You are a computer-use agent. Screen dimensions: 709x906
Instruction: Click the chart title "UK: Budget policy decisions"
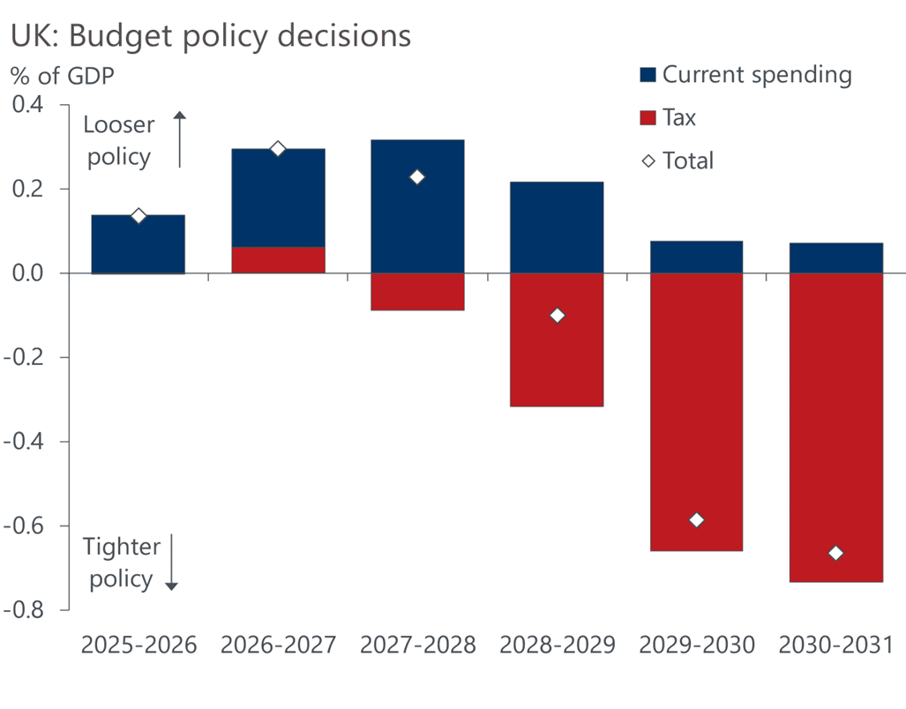[x=211, y=36]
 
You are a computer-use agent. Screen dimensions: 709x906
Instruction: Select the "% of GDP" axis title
[x=63, y=76]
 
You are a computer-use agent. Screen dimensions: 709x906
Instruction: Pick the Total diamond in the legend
[x=648, y=161]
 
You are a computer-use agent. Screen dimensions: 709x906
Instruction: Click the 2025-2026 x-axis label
[x=139, y=646]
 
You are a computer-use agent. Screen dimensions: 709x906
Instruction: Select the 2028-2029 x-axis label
[x=557, y=646]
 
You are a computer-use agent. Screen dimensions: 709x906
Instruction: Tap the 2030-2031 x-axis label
[x=836, y=646]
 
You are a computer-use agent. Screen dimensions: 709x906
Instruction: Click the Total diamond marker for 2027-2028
[x=417, y=177]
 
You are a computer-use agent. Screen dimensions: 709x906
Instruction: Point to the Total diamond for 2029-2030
[x=696, y=520]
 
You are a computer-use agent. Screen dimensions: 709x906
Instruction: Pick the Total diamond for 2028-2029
[x=557, y=316]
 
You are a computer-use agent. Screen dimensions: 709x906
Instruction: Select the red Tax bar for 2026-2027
[x=278, y=260]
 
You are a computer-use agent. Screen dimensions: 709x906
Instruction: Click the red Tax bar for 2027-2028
[x=417, y=292]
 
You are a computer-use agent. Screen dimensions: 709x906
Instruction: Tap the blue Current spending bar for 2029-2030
[x=696, y=257]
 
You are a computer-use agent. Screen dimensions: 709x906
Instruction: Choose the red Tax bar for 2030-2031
[x=836, y=428]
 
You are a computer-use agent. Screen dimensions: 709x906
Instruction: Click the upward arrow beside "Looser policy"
[x=179, y=139]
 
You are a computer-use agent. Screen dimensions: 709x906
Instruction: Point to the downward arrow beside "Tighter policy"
[x=172, y=562]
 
